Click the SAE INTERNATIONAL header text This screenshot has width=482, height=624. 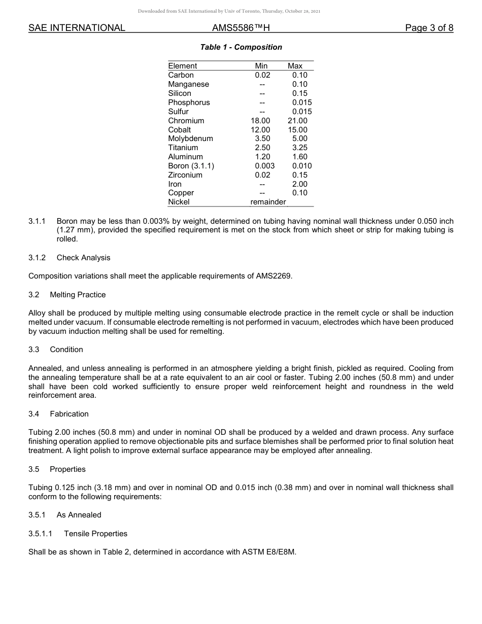77,28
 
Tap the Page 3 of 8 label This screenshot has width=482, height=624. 429,28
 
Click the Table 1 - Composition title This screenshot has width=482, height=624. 241,47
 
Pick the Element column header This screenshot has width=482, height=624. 183,66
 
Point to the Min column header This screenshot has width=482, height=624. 261,66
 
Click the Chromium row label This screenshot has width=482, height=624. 186,121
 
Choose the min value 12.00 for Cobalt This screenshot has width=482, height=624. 262,130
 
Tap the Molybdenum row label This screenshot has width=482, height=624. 191,138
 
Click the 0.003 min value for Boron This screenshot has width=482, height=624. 265,166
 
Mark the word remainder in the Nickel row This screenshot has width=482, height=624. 268,202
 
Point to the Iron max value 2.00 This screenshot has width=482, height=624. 300,184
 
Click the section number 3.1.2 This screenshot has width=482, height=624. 37,258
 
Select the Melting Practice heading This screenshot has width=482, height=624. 78,295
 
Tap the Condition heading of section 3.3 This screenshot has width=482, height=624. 66,350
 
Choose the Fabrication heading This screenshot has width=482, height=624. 69,414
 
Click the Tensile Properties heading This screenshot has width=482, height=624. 95,534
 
